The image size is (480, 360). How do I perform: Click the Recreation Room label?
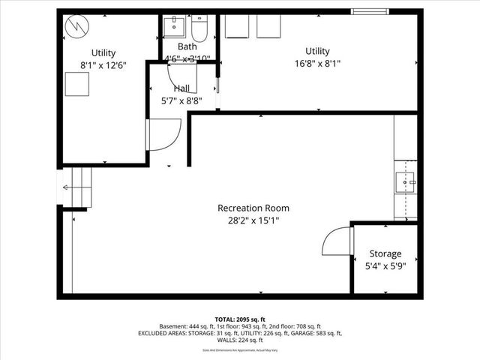253,208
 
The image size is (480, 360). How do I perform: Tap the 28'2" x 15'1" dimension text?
253,220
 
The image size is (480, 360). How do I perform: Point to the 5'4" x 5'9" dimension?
385,265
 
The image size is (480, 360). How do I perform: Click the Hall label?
181,88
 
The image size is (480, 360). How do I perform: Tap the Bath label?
187,46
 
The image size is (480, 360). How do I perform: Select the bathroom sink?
175,28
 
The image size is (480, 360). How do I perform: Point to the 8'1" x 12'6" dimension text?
103,65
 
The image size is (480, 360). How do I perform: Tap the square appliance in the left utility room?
76,85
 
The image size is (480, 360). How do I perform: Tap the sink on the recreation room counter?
407,181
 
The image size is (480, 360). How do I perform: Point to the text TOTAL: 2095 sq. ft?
239,319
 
